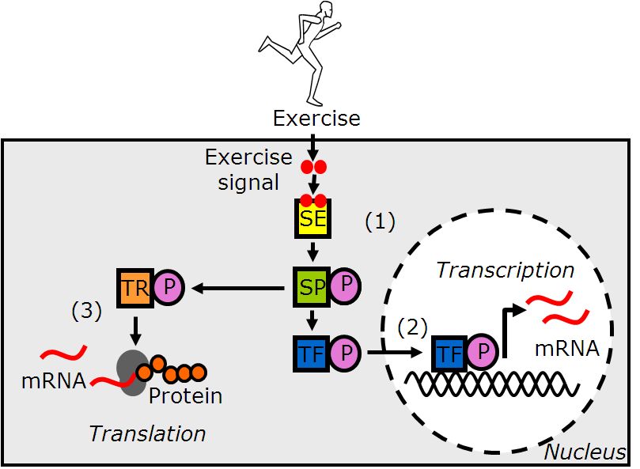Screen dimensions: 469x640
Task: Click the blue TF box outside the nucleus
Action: [x=312, y=354]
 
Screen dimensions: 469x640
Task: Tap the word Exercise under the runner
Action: [x=316, y=119]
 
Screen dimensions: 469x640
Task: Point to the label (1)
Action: [x=379, y=223]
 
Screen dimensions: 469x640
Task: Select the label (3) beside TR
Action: [x=87, y=311]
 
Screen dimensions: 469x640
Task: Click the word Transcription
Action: [x=506, y=270]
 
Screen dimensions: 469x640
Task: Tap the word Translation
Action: [x=147, y=433]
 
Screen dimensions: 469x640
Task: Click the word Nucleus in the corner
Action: [x=585, y=453]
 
